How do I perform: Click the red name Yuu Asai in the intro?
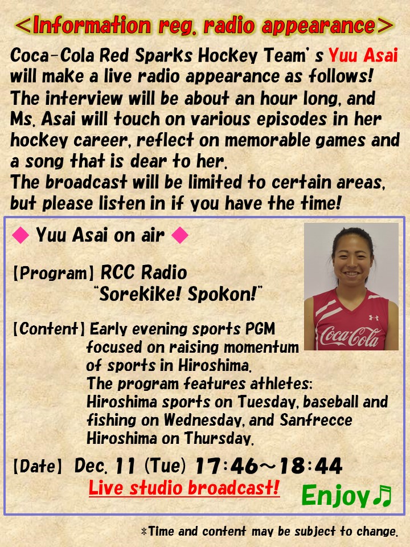coord(363,55)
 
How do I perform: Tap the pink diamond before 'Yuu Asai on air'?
coord(20,235)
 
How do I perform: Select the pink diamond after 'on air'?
coord(180,235)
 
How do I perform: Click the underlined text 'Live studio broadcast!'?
coord(184,488)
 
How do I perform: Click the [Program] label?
coord(54,273)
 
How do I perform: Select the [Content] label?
coord(49,329)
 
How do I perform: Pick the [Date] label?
coord(38,467)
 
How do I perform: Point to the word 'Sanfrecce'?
coord(316,420)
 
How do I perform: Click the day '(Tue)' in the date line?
coord(165,466)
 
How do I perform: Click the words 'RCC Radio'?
coord(143,272)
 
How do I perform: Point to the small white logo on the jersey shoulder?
coord(374,318)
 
